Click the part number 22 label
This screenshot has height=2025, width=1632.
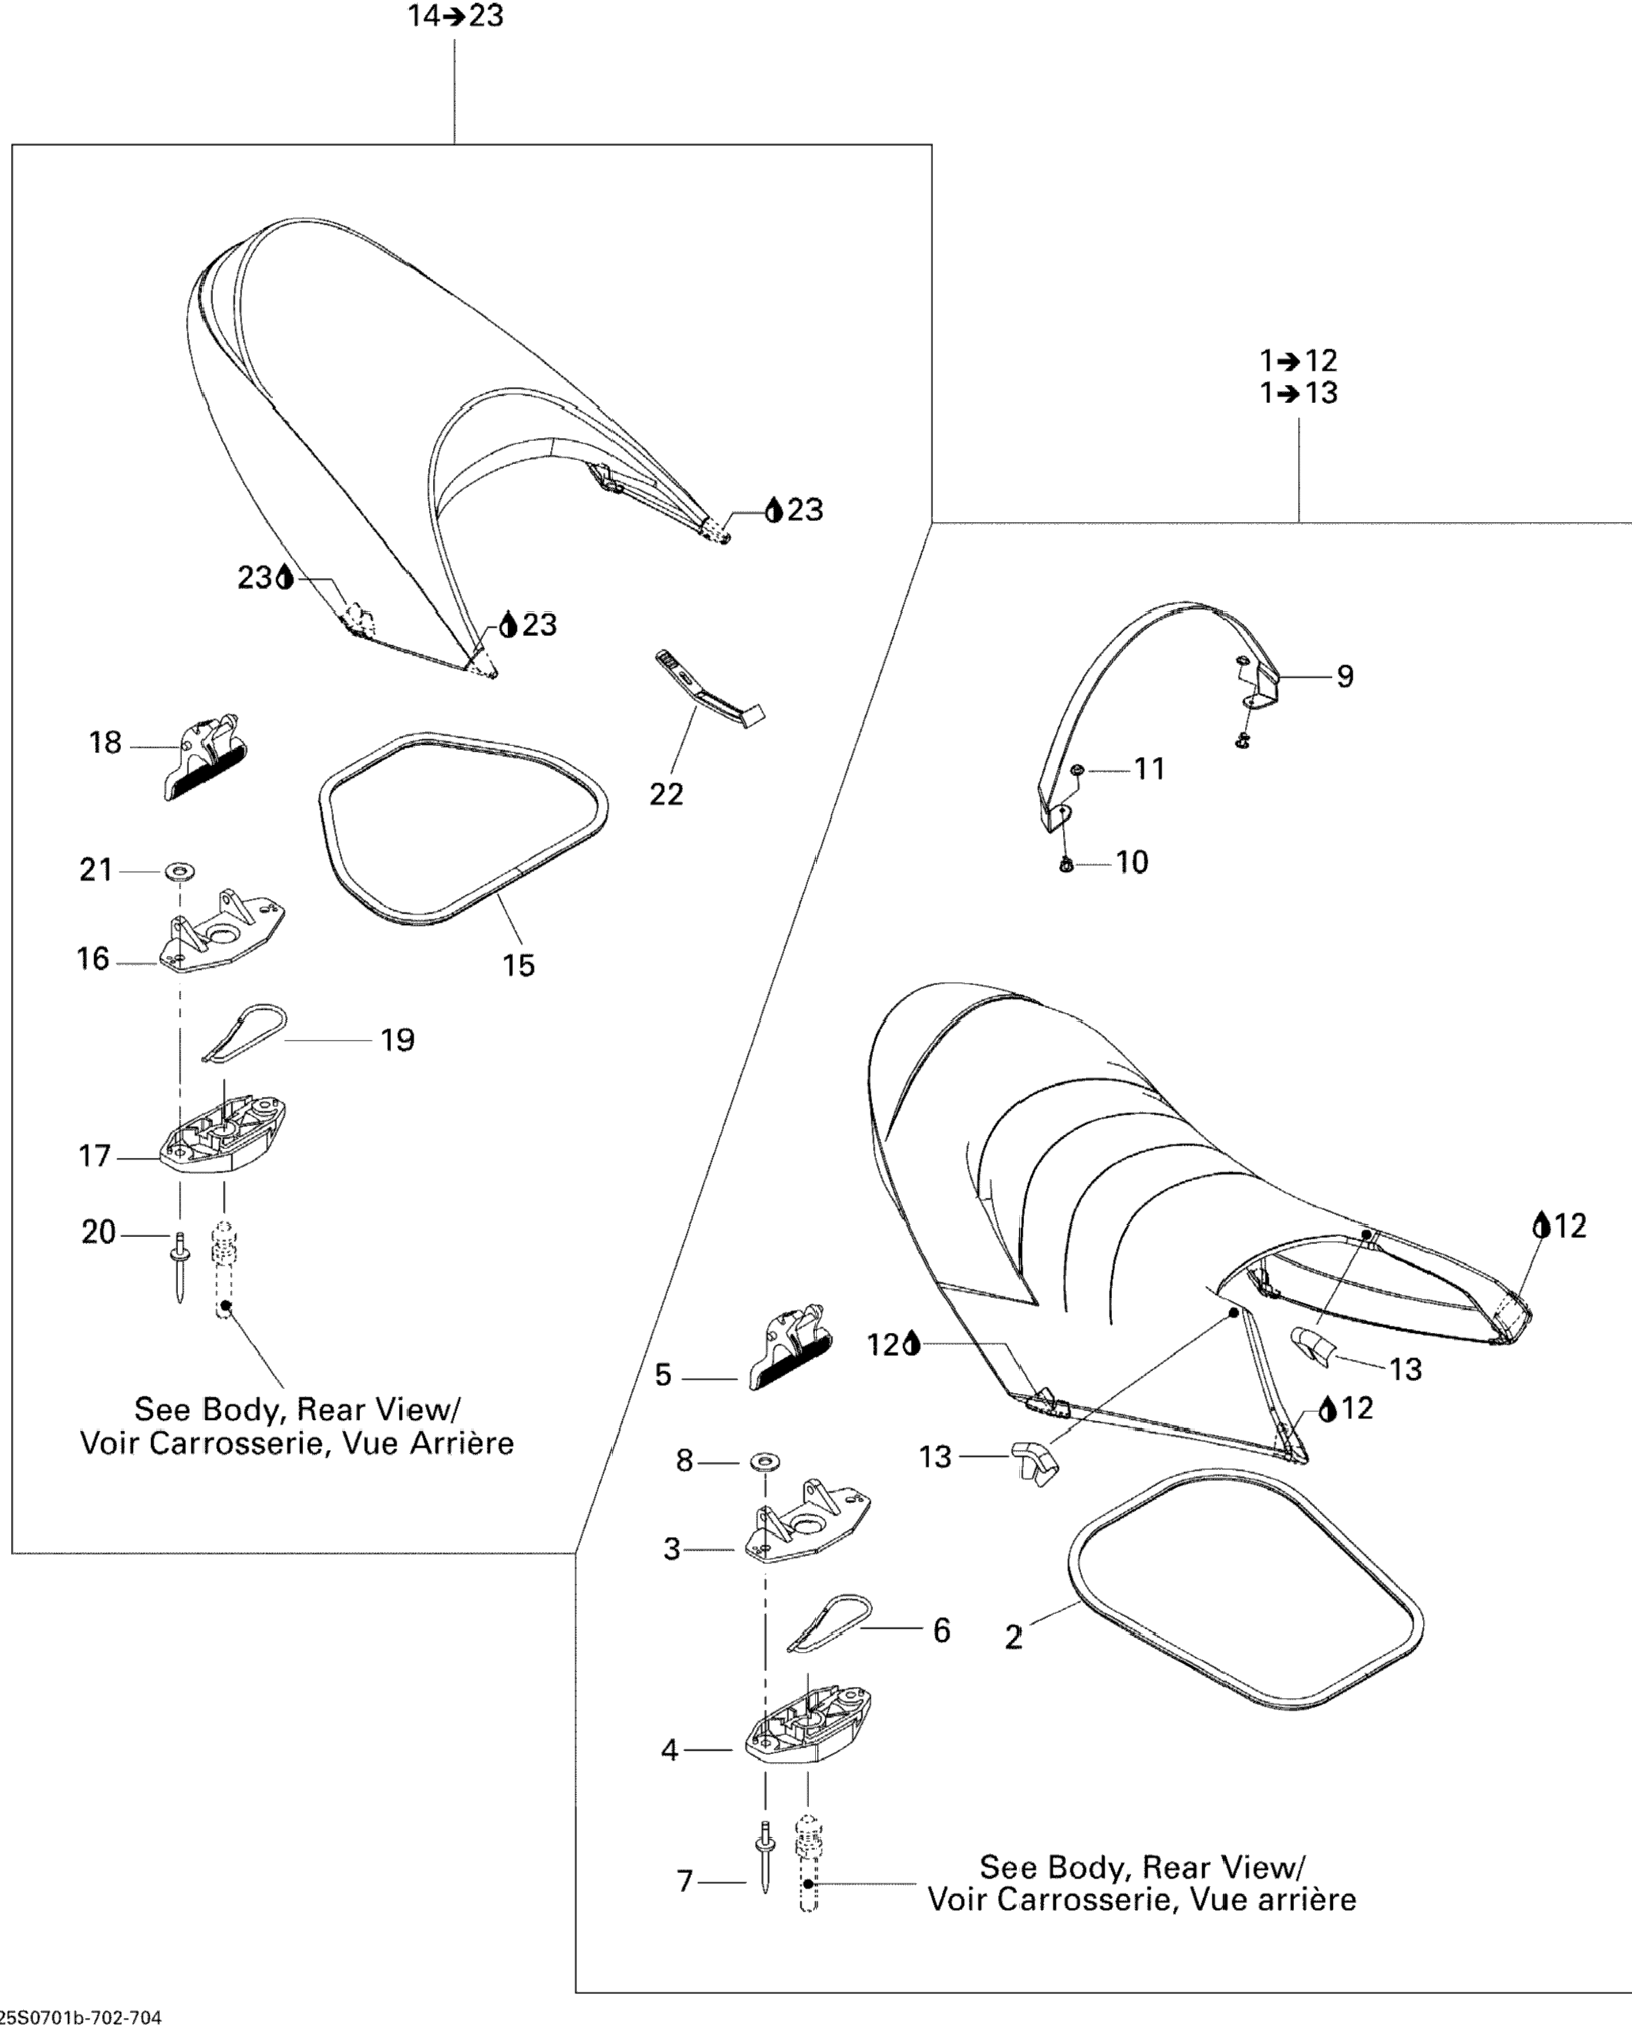tap(666, 795)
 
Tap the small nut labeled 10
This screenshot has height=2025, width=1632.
tap(1066, 863)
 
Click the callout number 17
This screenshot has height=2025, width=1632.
tap(95, 1156)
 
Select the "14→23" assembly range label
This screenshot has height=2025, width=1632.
tap(455, 16)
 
